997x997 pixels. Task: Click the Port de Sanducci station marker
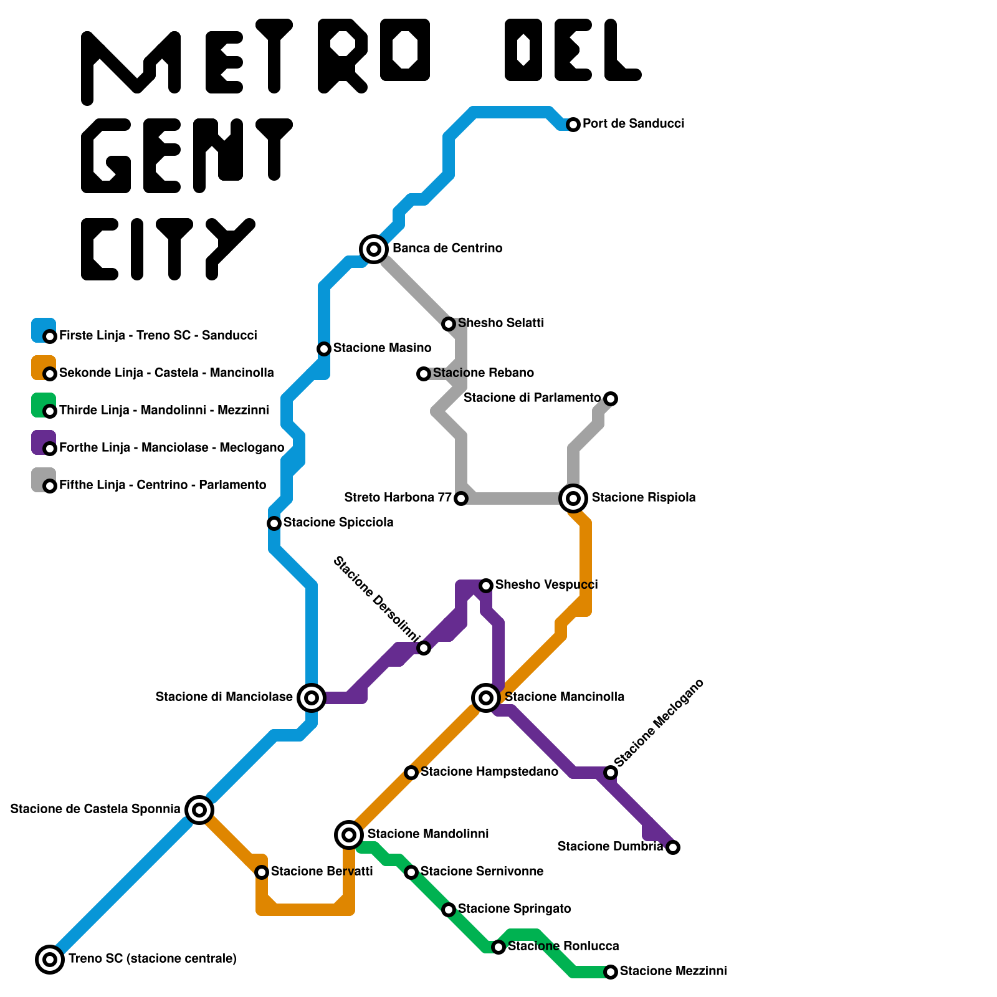tap(573, 125)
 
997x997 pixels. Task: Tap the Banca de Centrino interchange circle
tap(374, 249)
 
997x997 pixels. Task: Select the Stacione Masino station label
tap(382, 348)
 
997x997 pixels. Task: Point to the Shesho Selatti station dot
tap(449, 324)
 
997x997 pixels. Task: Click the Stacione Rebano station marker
tap(424, 374)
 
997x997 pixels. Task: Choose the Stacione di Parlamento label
tap(532, 398)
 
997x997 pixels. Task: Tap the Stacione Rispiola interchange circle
tap(573, 499)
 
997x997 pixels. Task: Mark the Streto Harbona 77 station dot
tap(461, 499)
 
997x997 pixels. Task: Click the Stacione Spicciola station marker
tap(274, 523)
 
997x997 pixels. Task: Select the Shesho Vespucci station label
tap(546, 584)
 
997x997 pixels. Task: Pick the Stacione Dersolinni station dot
tap(424, 648)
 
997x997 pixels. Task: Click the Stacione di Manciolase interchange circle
tap(312, 698)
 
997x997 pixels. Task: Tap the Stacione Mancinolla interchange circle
tap(486, 698)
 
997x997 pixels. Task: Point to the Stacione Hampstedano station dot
tap(411, 773)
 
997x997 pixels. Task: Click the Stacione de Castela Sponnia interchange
tap(199, 810)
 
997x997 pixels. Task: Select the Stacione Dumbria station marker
tap(673, 847)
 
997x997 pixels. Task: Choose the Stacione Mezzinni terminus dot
tap(611, 972)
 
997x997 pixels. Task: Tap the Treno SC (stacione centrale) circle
tap(50, 960)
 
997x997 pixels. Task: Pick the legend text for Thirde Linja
tap(164, 410)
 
